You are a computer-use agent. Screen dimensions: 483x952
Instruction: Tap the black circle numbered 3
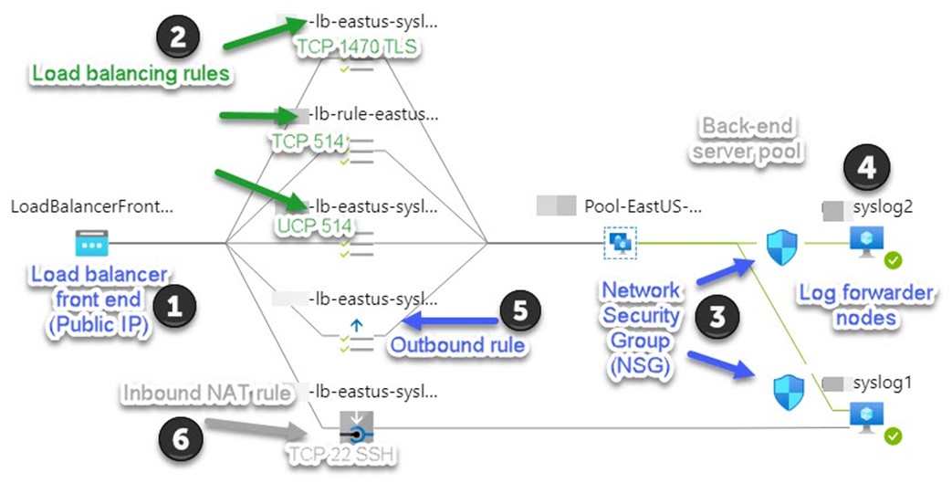point(717,319)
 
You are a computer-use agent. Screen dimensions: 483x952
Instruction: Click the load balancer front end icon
point(90,243)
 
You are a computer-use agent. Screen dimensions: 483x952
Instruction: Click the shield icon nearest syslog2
point(782,247)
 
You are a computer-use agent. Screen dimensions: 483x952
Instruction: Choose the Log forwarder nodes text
point(865,305)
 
